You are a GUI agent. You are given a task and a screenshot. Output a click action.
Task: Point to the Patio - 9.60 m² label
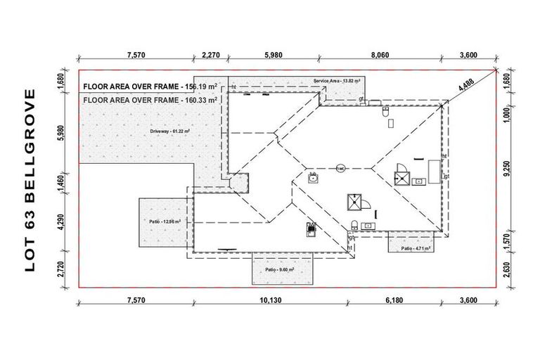(279, 269)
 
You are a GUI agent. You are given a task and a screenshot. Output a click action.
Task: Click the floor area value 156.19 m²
(199, 86)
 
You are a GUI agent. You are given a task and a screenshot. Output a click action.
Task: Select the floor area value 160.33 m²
(199, 101)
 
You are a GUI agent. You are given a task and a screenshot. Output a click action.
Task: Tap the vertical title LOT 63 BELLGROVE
(30, 180)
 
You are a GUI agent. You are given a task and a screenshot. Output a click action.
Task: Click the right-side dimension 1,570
(508, 243)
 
